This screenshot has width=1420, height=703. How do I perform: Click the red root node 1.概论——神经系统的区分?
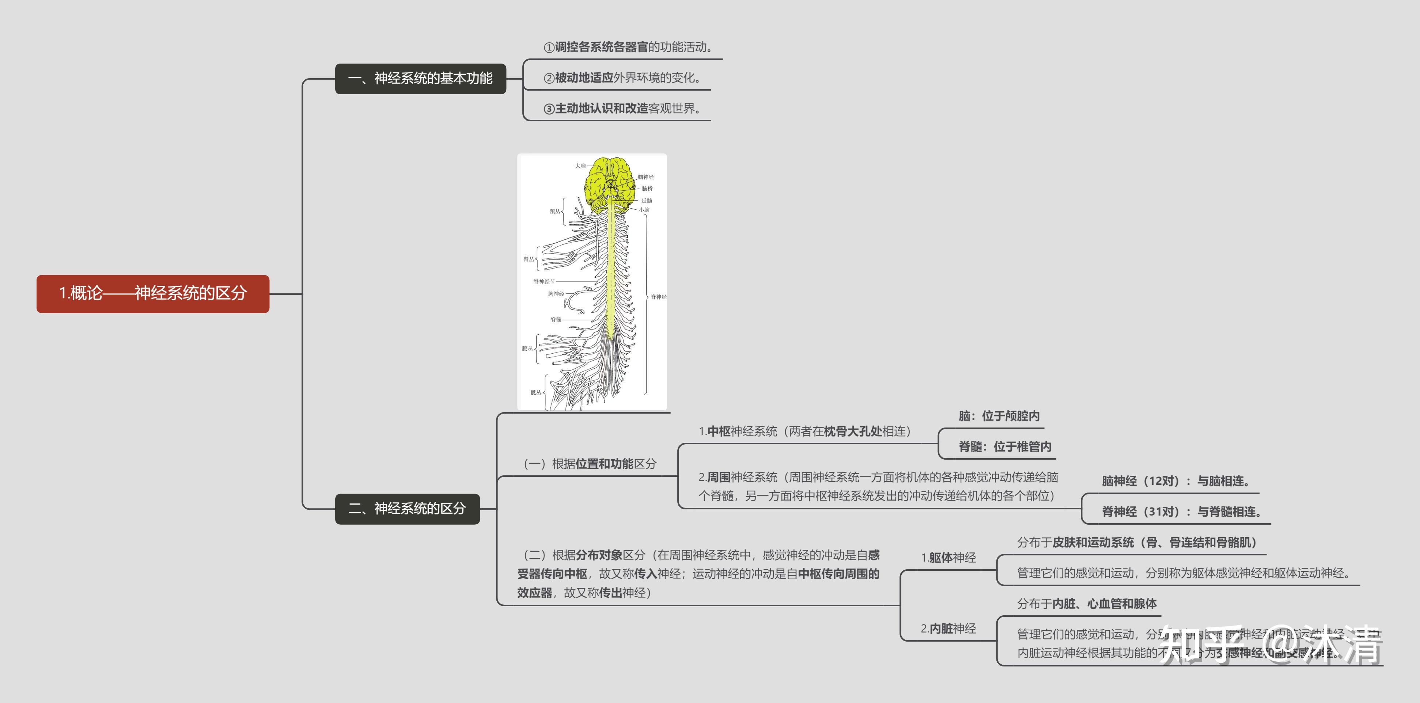click(x=153, y=294)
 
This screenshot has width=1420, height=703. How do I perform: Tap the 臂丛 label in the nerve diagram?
click(x=528, y=259)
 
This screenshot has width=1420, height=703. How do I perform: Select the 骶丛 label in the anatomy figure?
click(x=535, y=392)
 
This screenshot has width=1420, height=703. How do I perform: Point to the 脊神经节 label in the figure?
click(x=544, y=282)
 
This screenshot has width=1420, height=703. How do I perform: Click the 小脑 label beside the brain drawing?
click(x=644, y=210)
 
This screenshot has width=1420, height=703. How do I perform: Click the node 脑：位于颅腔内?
click(x=999, y=416)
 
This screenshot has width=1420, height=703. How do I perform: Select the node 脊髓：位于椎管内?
click(x=1004, y=447)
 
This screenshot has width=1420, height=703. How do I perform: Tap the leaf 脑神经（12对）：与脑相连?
click(x=1175, y=481)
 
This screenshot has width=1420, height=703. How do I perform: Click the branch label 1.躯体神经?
click(x=948, y=558)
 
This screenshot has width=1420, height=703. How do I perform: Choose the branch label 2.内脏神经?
click(x=948, y=628)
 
